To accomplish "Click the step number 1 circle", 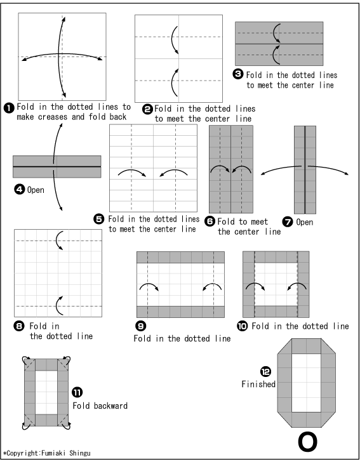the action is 9,108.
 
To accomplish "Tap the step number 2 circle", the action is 147,109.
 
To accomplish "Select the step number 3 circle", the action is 238,74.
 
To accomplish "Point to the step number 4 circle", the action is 20,189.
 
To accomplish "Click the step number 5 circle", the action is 99,219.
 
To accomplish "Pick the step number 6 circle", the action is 210,221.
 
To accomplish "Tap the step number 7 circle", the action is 288,221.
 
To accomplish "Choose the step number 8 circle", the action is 19,326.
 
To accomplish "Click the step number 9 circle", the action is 141,326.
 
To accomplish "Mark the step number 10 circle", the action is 243,326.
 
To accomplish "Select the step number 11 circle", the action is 77,392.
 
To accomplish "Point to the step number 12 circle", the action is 265,371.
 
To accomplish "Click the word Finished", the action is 258,384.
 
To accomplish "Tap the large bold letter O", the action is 307,442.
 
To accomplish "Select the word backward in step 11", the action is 110,406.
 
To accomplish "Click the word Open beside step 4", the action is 36,190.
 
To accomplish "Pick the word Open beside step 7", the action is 305,222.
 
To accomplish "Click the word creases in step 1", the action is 53,117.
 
